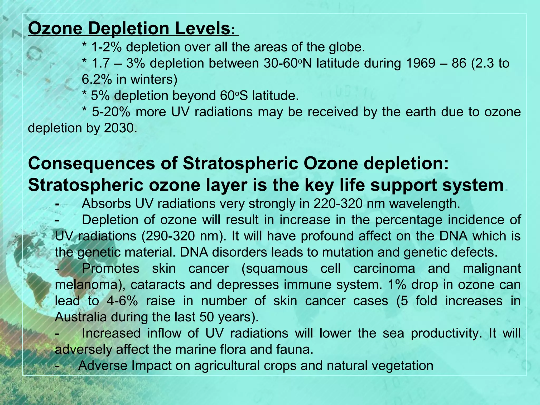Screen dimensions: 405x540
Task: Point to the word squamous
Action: point(274,269)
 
